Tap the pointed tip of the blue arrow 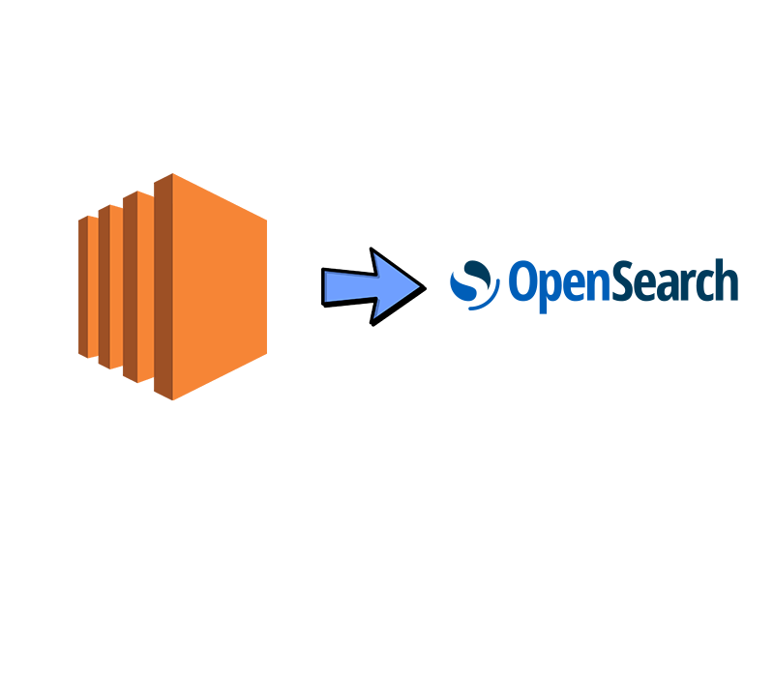tap(418, 285)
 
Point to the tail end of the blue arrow tap(327, 287)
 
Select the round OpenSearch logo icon tap(475, 285)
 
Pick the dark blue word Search tap(667, 282)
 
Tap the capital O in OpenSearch tap(520, 282)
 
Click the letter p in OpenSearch tap(542, 288)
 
